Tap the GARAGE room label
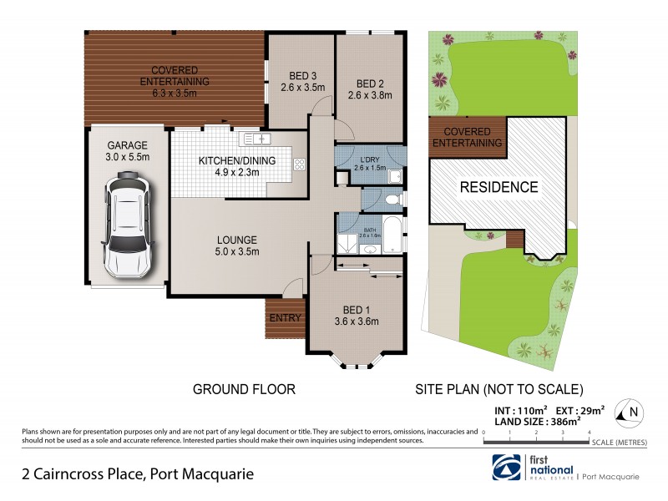(x=128, y=144)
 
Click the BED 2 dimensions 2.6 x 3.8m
(x=369, y=94)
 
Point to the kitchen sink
(x=254, y=139)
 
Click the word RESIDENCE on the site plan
(x=498, y=187)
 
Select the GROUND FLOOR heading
(x=245, y=389)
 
